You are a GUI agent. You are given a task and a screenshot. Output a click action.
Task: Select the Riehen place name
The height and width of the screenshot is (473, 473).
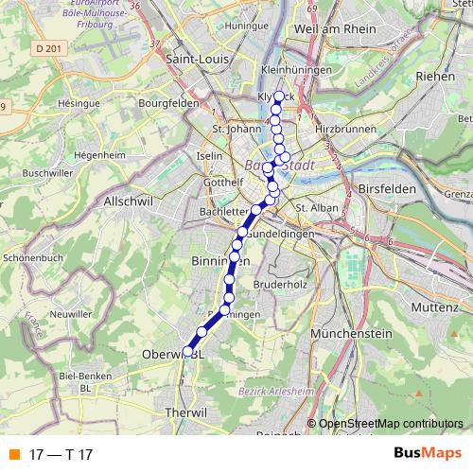click(434, 76)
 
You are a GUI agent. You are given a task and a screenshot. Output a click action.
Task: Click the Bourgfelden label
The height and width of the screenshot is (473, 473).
click(168, 102)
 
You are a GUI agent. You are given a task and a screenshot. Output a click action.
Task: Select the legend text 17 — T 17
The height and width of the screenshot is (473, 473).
click(61, 454)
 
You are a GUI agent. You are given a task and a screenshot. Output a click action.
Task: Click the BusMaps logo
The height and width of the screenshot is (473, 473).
click(427, 453)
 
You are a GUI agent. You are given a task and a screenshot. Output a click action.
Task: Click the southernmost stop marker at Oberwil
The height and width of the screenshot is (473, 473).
click(188, 351)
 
